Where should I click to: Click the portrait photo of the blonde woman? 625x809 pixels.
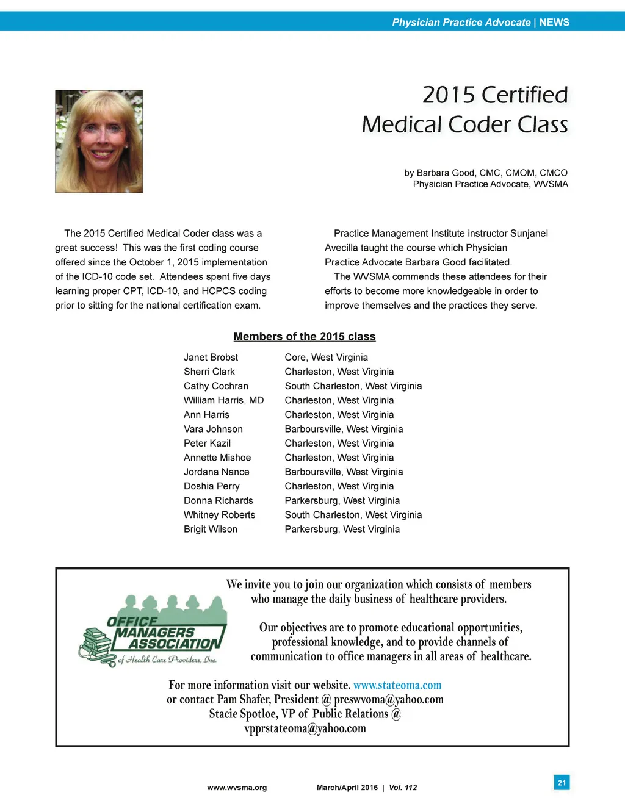pos(99,142)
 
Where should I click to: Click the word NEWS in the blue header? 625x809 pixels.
pos(554,23)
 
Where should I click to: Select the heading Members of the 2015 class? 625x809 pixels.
pos(304,337)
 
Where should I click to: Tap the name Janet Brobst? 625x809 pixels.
pos(211,358)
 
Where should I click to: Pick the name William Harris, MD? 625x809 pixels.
pos(223,400)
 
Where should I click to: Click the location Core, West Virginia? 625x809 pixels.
pos(326,358)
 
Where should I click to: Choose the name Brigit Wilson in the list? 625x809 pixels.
pos(211,529)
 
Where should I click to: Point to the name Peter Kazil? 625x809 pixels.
pos(207,443)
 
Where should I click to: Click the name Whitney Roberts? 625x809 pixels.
pos(219,515)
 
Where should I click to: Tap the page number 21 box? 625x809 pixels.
pos(562,782)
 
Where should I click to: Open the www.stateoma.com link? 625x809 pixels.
pos(397,685)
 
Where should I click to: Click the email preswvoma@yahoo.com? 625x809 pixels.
pos(389,700)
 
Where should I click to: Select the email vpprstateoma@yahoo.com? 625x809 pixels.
pos(305,728)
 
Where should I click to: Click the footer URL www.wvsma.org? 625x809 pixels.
pos(237,788)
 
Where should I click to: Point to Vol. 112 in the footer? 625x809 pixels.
pos(403,788)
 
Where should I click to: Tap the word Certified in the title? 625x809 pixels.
pos(524,95)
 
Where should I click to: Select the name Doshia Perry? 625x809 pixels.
pos(211,486)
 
